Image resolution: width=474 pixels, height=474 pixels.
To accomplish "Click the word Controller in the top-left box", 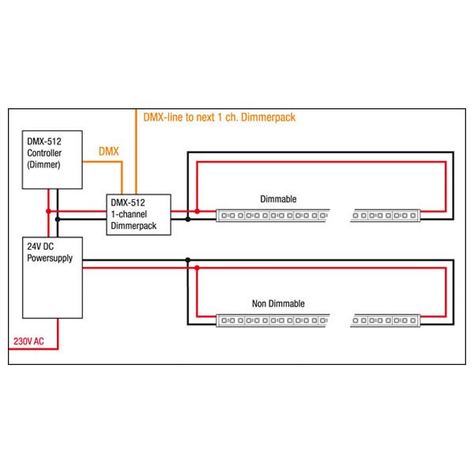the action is click(x=44, y=153).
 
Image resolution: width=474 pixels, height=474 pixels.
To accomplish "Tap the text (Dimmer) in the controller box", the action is click(x=43, y=165).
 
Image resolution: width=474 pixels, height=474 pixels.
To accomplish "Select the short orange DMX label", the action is click(x=109, y=151).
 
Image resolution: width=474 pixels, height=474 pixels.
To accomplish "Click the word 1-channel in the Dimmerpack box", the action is click(x=129, y=214).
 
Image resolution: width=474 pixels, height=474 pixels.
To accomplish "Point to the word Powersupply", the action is click(x=50, y=258).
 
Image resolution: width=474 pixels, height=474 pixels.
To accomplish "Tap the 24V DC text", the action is click(x=40, y=246).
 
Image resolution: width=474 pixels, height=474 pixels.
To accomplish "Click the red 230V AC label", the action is click(x=28, y=341).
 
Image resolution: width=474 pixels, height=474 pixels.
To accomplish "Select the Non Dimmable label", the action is click(x=278, y=303).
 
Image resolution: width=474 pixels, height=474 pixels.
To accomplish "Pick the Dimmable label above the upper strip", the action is click(x=278, y=199).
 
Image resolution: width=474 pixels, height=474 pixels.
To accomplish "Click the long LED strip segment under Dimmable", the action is click(x=273, y=216).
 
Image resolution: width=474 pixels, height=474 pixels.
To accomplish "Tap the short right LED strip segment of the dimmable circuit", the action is click(x=386, y=216).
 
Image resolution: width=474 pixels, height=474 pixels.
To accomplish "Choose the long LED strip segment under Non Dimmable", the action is click(x=273, y=321).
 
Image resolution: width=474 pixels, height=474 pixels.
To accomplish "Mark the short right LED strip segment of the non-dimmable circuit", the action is click(x=386, y=321).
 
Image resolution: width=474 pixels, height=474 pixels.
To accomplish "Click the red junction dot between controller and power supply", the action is click(x=49, y=211).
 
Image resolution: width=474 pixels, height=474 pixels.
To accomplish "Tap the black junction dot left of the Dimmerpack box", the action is click(x=58, y=219).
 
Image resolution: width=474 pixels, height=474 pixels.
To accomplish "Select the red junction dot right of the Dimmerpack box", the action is click(x=197, y=211).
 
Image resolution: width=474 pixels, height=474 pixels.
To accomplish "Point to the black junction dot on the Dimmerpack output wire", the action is click(x=188, y=219).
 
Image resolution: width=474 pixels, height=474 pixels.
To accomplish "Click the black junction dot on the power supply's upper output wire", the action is click(x=188, y=260).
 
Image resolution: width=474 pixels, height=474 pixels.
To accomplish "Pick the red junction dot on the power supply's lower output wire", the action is click(x=197, y=268).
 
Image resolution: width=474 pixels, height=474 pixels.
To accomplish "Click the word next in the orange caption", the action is click(x=205, y=117).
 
